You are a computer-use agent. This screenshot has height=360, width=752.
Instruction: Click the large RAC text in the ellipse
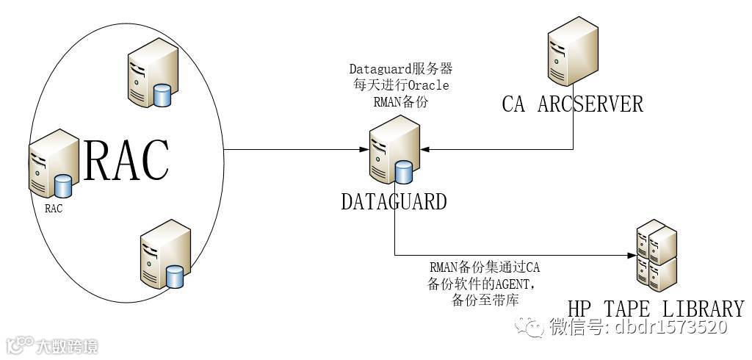(x=126, y=159)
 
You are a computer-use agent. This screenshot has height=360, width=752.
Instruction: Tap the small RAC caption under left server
(x=54, y=208)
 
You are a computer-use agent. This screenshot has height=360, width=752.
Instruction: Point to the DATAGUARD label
(x=394, y=201)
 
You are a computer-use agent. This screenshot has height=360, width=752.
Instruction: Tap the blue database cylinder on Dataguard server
(x=403, y=173)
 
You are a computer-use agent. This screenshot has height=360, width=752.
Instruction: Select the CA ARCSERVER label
(x=572, y=104)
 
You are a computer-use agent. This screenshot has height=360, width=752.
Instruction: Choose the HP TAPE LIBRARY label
(x=656, y=308)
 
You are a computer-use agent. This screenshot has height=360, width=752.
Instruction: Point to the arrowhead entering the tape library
(x=631, y=256)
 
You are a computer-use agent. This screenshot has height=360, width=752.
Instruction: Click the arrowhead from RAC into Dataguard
(x=364, y=151)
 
